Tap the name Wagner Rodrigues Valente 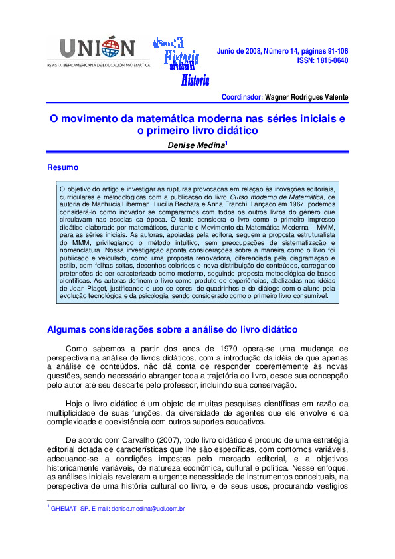(306, 97)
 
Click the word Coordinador (242, 97)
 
